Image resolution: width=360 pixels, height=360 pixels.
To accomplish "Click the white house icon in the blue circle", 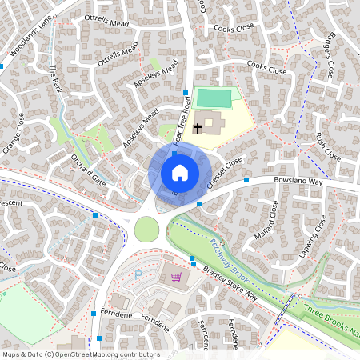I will coord(180,172).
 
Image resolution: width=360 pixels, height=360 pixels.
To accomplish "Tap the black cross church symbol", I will coord(197,127).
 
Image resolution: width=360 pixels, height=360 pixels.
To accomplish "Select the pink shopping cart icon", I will coord(175,277).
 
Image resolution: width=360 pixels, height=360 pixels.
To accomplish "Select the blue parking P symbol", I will coord(138,274).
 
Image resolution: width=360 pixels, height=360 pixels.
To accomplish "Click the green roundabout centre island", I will coord(146,229).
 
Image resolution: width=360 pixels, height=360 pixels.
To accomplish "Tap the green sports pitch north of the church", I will coord(214,98).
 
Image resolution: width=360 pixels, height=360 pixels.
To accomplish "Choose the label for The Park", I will coord(55,78).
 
